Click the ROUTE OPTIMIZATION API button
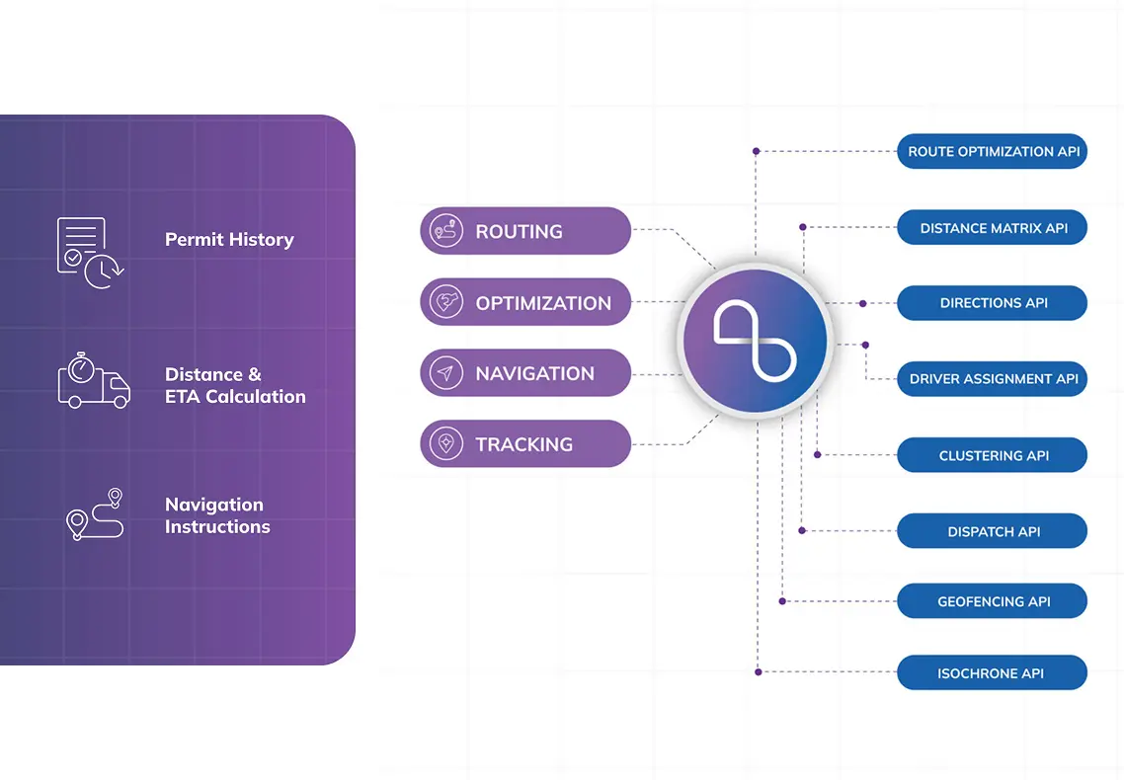click(x=992, y=152)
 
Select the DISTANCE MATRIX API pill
click(x=992, y=228)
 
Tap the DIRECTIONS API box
click(x=992, y=303)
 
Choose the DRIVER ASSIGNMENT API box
click(x=992, y=379)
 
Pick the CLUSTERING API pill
click(x=992, y=456)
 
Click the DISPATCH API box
click(x=992, y=532)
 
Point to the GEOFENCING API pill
click(x=992, y=602)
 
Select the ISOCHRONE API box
click(x=992, y=674)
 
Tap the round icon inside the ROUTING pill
click(x=446, y=231)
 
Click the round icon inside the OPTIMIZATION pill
click(x=446, y=303)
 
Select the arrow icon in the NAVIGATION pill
click(x=446, y=374)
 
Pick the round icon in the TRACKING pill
click(x=446, y=444)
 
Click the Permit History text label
click(x=229, y=240)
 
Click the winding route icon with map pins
click(x=95, y=514)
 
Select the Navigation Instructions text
click(x=217, y=515)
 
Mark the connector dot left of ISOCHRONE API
click(x=758, y=672)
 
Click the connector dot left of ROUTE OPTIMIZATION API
click(x=756, y=151)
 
